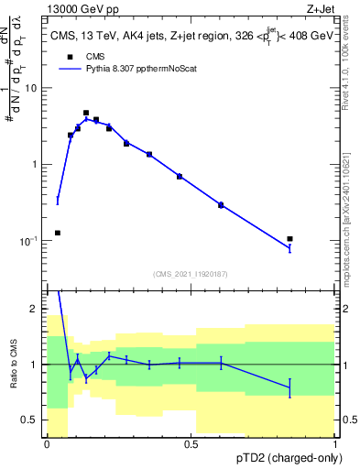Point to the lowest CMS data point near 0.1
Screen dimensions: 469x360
point(58,233)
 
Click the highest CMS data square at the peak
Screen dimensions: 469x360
point(86,113)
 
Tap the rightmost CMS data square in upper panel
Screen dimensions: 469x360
point(289,239)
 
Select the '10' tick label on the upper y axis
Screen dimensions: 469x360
point(33,88)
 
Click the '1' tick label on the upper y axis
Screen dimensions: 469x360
point(36,164)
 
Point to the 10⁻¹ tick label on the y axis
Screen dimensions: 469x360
point(30,241)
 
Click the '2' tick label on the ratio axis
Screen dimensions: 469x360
point(36,310)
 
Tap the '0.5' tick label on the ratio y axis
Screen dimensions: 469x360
point(31,420)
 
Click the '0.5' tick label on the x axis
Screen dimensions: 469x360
point(191,444)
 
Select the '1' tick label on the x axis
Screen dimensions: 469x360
point(335,444)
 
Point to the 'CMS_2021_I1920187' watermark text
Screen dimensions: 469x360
point(191,273)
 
